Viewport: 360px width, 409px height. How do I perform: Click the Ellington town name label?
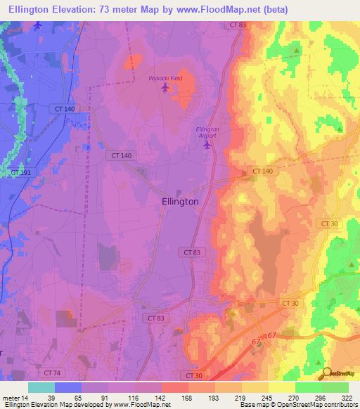(176, 201)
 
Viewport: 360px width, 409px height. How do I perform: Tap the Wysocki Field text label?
(165, 78)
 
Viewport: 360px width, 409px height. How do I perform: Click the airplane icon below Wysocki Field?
(166, 88)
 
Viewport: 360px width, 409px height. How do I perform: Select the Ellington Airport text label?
(207, 133)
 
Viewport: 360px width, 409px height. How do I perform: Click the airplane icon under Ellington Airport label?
(207, 145)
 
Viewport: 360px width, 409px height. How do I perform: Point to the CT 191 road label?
(20, 171)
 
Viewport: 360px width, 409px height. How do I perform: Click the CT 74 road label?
(51, 372)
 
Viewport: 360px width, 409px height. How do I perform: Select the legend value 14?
(27, 397)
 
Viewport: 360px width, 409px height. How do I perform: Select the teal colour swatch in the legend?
(41, 387)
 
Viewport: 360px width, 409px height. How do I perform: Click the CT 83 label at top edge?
(238, 25)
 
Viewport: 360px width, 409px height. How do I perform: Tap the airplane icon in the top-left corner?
(38, 26)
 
